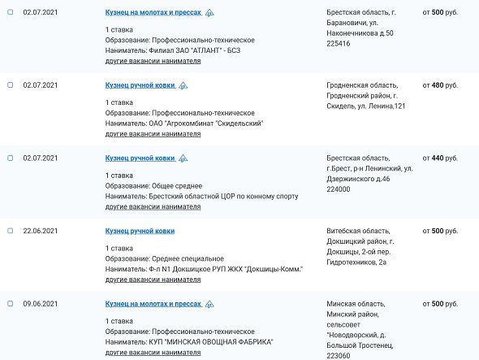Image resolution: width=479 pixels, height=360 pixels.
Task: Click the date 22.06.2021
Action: coord(40,231)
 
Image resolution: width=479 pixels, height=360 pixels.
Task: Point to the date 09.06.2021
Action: coord(40,304)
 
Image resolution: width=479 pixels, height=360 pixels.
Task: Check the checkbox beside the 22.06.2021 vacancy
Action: coord(10,231)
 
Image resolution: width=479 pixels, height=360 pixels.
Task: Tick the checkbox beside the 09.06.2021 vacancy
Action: coord(10,304)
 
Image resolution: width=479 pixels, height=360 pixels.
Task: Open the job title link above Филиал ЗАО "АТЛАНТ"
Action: coord(153,13)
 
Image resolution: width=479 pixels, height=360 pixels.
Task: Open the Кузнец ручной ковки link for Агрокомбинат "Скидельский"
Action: coord(140,85)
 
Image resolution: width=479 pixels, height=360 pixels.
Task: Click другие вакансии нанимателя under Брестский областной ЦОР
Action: coord(153,207)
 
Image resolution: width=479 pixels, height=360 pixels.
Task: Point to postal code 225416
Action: coord(338,43)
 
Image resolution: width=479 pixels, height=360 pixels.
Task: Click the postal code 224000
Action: coord(338,189)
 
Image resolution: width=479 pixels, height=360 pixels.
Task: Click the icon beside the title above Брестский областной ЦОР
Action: coord(183,158)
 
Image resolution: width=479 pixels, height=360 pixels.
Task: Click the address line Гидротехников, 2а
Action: coord(357,262)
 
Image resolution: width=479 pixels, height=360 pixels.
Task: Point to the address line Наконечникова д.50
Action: coord(359,33)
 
